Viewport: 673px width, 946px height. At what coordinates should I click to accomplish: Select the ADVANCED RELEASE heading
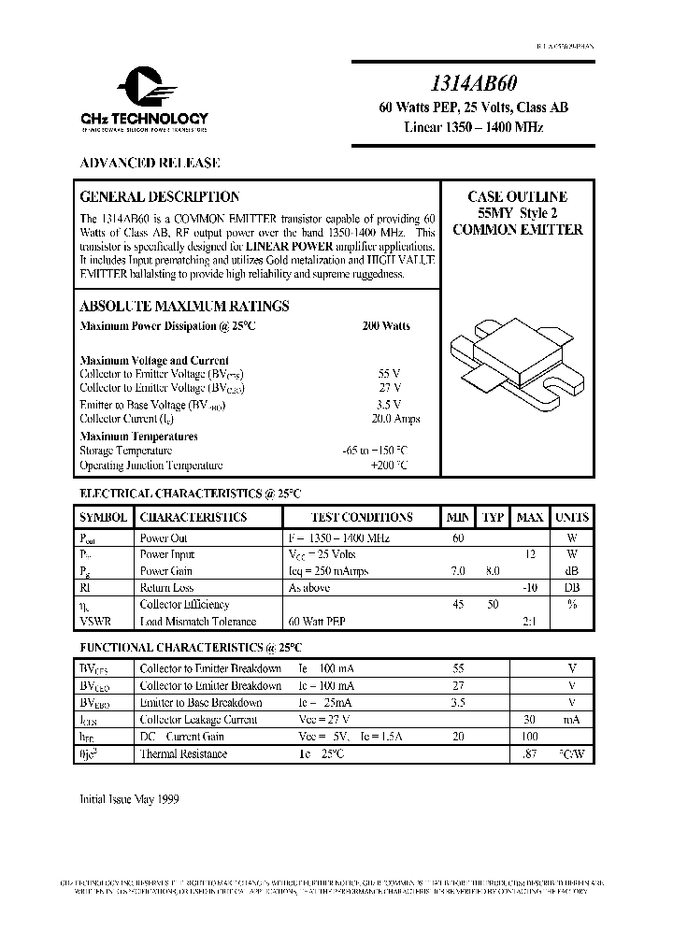(x=150, y=163)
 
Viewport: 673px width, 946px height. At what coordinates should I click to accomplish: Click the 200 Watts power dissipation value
(x=385, y=326)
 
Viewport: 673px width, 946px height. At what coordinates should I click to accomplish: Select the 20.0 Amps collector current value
(x=388, y=419)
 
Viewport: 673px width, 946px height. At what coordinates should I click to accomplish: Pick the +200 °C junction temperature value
(x=390, y=465)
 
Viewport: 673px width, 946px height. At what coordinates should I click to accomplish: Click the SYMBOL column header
(x=104, y=517)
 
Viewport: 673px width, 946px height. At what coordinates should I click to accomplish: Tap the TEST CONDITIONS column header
(x=362, y=517)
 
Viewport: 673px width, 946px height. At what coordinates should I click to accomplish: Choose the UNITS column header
(x=571, y=517)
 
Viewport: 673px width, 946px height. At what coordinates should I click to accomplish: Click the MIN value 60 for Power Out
(x=458, y=538)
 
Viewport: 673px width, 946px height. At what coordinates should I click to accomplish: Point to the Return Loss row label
(x=166, y=588)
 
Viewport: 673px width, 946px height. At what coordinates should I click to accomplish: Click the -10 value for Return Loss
(x=530, y=588)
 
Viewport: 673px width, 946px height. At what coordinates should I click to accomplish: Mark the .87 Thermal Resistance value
(x=530, y=753)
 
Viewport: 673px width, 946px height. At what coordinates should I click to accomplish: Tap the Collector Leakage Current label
(x=197, y=720)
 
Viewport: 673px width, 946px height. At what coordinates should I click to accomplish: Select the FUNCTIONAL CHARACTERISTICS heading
(x=190, y=646)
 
